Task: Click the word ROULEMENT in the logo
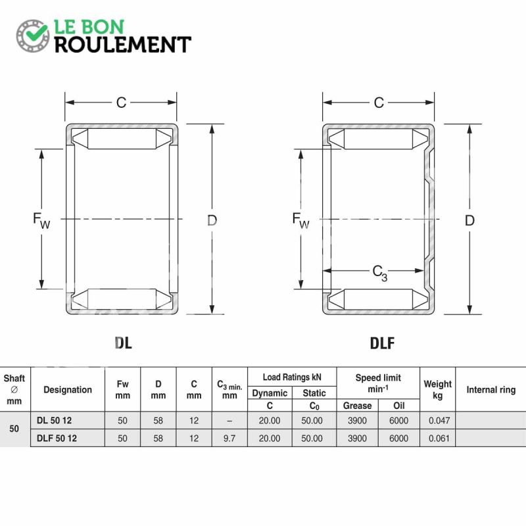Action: click(123, 45)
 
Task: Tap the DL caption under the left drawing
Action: click(123, 343)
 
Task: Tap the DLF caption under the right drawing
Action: click(382, 343)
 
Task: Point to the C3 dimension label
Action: click(380, 273)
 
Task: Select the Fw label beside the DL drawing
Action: click(41, 221)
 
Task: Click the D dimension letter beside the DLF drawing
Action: click(469, 220)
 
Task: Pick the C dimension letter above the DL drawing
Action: click(121, 103)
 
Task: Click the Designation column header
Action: click(68, 389)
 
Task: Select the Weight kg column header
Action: click(437, 389)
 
